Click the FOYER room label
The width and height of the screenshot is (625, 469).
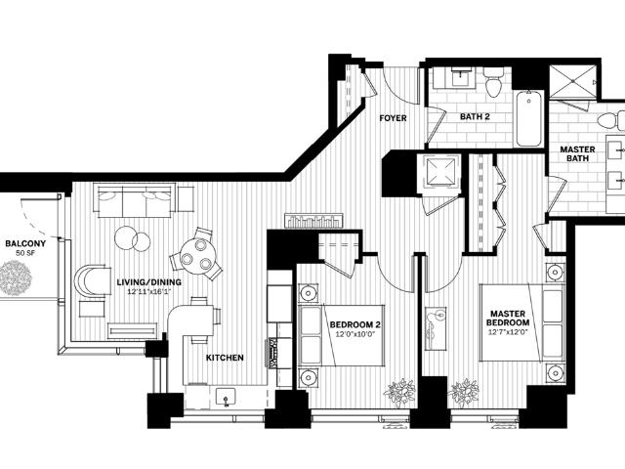pyautogui.click(x=393, y=118)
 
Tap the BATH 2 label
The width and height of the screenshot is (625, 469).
pyautogui.click(x=475, y=117)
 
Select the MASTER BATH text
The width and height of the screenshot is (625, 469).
pyautogui.click(x=577, y=154)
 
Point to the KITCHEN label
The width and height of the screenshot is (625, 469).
pyautogui.click(x=225, y=358)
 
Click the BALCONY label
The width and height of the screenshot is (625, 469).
pyautogui.click(x=25, y=243)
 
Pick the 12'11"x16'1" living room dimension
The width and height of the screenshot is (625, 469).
pyautogui.click(x=149, y=291)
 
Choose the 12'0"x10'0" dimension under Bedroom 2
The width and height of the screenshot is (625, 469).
pyautogui.click(x=355, y=334)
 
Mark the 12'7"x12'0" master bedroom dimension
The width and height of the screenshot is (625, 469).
pyautogui.click(x=508, y=332)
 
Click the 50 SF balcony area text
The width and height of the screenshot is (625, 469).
pyautogui.click(x=25, y=253)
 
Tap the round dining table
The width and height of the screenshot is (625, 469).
pyautogui.click(x=197, y=256)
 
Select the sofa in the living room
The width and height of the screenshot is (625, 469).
pyautogui.click(x=135, y=200)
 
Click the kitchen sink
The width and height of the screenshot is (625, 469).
pyautogui.click(x=226, y=398)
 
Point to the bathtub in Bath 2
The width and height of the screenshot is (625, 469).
pyautogui.click(x=529, y=118)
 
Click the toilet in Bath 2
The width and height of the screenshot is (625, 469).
pyautogui.click(x=493, y=82)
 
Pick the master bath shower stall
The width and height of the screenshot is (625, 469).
pyautogui.click(x=573, y=81)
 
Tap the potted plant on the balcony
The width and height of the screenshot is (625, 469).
pyautogui.click(x=16, y=277)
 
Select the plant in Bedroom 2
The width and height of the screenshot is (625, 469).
pyautogui.click(x=399, y=393)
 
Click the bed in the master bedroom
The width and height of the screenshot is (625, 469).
pyautogui.click(x=522, y=322)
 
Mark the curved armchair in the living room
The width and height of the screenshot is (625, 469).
pyautogui.click(x=93, y=280)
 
